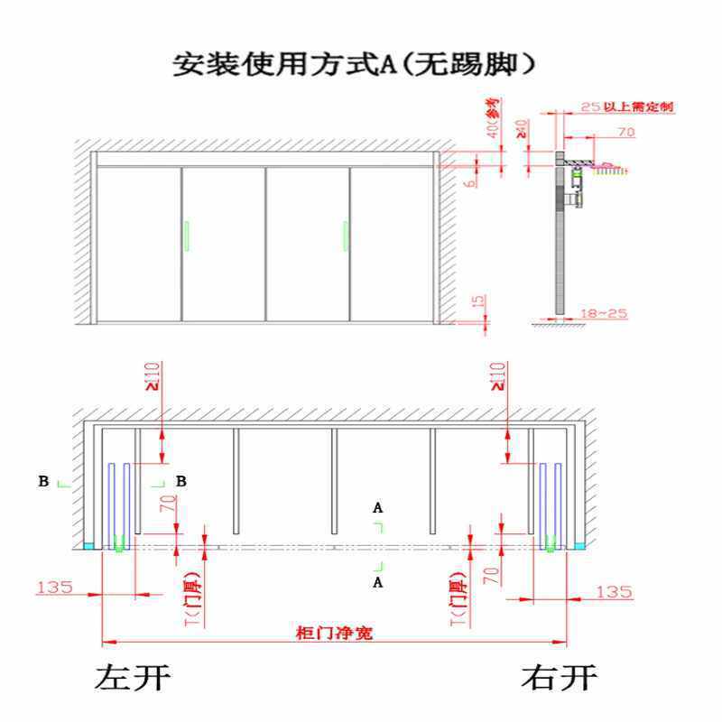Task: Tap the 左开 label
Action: (x=132, y=677)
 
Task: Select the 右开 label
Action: (x=560, y=677)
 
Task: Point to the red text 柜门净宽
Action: (x=335, y=633)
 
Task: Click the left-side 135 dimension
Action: (x=54, y=588)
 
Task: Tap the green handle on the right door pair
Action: (x=344, y=235)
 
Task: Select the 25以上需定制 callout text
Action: (x=626, y=106)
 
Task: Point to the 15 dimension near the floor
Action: (x=477, y=301)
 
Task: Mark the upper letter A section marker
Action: (x=378, y=508)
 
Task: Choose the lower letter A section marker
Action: (x=378, y=584)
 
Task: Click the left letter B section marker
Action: (x=43, y=482)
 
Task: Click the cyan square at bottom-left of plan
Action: (x=88, y=546)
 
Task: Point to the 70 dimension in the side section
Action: (x=626, y=133)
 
